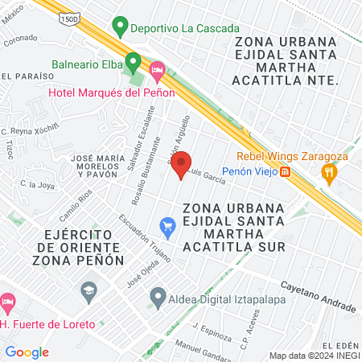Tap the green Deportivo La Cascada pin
[121, 29]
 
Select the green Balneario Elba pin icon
[134, 62]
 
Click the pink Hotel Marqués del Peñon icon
[158, 72]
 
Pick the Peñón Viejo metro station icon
[285, 171]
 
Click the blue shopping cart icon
[167, 228]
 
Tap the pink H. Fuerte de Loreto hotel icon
[8, 304]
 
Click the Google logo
[27, 352]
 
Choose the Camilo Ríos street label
[76, 206]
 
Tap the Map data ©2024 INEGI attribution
[314, 356]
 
